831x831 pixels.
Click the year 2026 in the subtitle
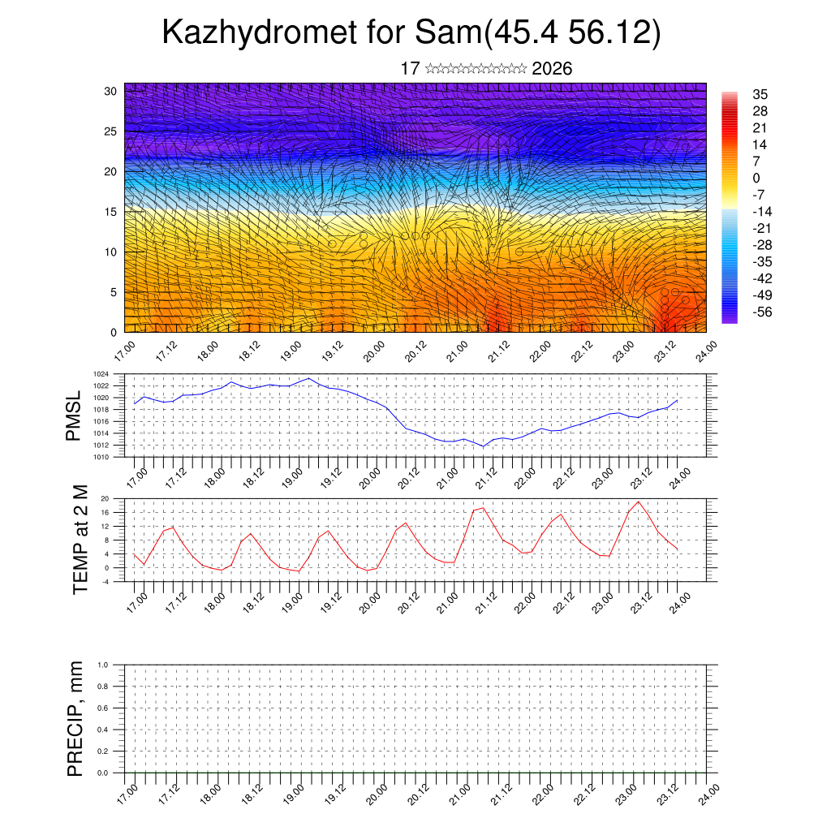point(552,69)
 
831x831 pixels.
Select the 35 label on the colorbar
point(760,94)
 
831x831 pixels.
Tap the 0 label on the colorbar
point(756,178)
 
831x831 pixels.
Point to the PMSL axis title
point(74,415)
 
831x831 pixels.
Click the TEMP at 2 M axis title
point(80,540)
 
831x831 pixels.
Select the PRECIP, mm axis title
point(75,718)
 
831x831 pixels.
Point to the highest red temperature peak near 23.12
point(639,502)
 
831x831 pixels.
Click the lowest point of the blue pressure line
point(484,446)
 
